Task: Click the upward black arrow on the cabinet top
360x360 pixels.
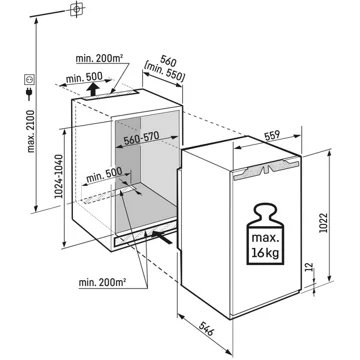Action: click(93, 88)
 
